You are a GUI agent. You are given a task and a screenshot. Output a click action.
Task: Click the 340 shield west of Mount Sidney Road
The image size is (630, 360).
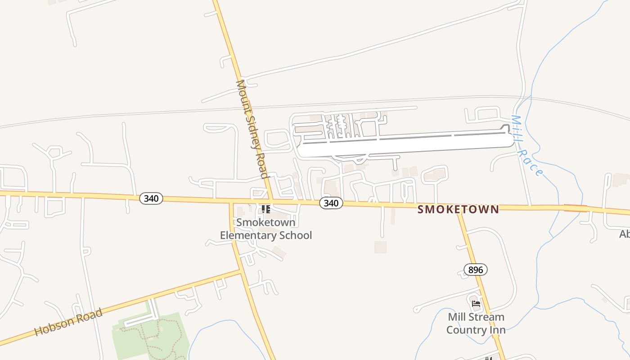151,198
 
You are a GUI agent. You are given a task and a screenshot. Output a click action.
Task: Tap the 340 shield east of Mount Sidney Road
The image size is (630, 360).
331,203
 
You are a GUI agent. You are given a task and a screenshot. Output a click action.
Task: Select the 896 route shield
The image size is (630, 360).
475,270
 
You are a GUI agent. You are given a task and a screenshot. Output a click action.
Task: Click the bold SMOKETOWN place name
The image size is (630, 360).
458,209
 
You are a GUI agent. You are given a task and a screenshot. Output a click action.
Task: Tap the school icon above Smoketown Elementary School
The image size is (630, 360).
266,209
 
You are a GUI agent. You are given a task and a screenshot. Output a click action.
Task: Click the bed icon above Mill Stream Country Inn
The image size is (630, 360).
476,304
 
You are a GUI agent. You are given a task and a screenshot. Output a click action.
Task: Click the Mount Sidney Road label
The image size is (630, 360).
252,129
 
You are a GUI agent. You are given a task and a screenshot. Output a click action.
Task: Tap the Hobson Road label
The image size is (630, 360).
68,323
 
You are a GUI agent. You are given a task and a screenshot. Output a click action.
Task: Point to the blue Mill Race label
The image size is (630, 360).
526,145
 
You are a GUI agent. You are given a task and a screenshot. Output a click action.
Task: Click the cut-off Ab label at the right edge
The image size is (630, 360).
624,234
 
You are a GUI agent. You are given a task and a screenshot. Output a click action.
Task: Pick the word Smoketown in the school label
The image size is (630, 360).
265,222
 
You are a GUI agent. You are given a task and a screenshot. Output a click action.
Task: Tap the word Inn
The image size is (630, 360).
498,330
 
